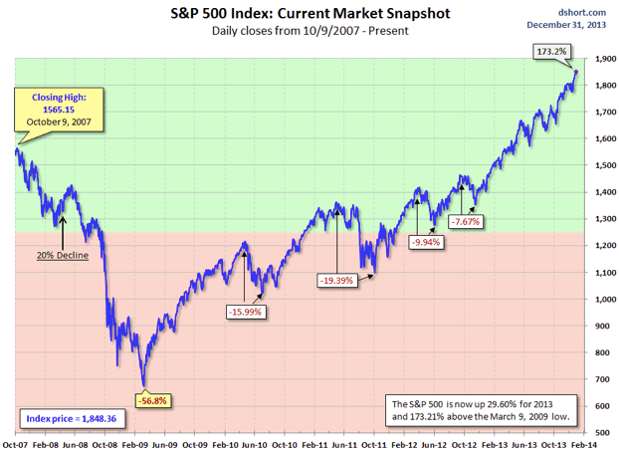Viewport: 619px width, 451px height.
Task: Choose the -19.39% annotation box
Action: point(340,281)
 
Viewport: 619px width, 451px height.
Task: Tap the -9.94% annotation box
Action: point(428,240)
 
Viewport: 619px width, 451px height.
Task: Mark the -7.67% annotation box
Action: point(465,221)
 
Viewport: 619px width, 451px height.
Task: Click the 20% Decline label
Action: point(63,256)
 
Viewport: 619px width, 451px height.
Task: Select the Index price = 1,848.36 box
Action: point(71,419)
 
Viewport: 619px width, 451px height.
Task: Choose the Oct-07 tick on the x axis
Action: point(14,444)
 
